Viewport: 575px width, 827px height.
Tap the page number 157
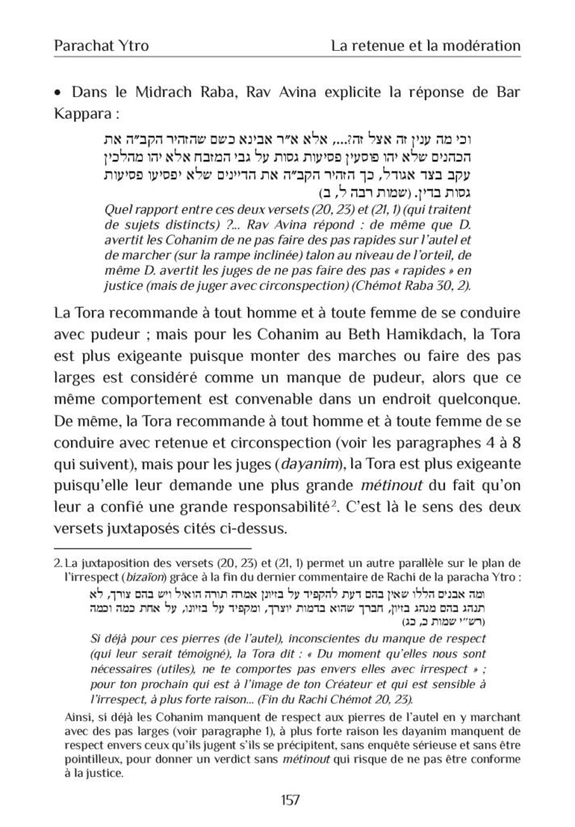coord(287,800)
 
